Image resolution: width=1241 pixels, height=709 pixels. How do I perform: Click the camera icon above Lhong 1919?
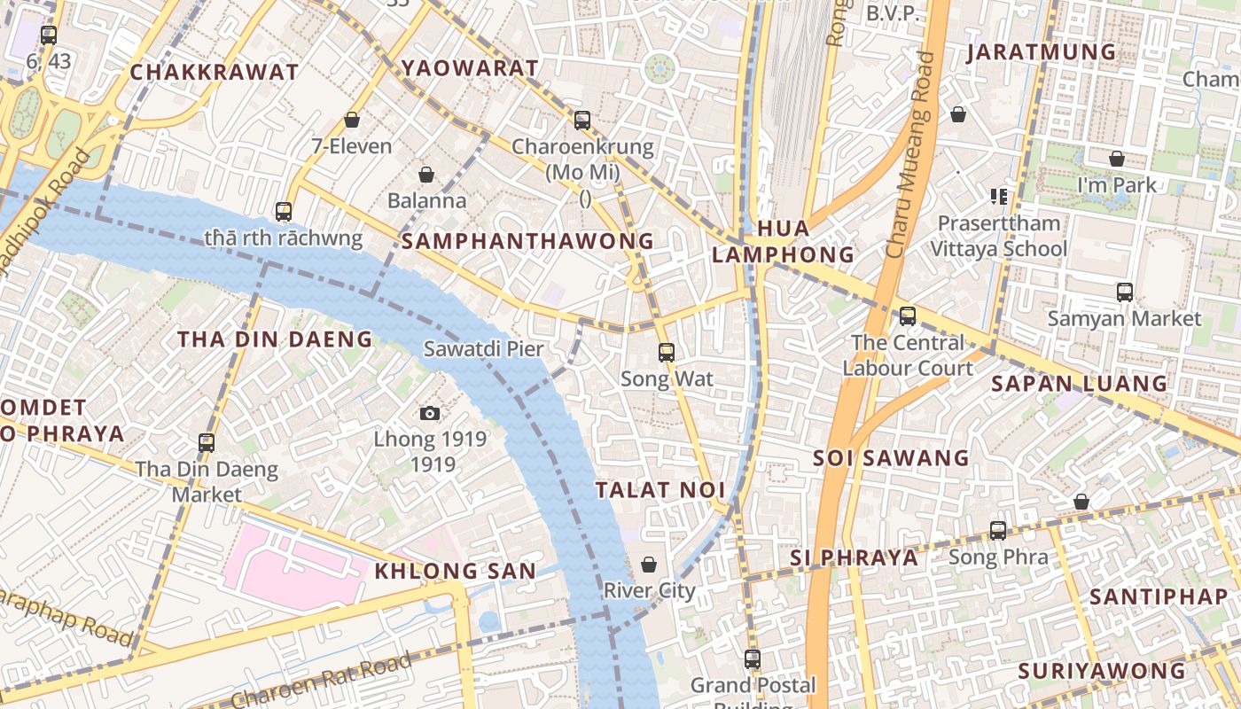tap(430, 413)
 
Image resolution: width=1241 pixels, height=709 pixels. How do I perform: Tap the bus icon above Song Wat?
tap(667, 353)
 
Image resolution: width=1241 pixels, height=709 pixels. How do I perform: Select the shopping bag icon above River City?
tap(649, 565)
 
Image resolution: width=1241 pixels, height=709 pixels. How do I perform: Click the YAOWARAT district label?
tap(470, 68)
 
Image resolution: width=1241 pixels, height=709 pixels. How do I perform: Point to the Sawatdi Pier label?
tap(483, 349)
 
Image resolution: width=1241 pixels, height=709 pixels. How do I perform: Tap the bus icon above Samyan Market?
tap(1125, 292)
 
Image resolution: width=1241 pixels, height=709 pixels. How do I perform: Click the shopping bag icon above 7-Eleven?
tap(352, 120)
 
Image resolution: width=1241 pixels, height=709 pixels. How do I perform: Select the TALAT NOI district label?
tap(660, 490)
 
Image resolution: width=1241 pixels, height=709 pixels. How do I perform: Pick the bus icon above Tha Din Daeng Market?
tap(207, 442)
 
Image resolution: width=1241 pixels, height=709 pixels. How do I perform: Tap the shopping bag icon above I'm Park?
tap(1117, 159)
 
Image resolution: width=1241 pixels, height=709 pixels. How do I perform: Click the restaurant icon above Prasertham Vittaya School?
tap(999, 196)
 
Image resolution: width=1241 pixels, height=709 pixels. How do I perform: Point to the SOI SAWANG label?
tap(892, 458)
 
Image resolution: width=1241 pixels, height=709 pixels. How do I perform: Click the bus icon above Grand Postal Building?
tap(753, 658)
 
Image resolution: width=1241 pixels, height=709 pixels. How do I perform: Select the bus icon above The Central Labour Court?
tap(908, 316)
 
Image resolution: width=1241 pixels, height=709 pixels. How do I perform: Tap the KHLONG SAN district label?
tap(456, 572)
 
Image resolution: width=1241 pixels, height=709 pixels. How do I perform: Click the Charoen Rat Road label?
tap(324, 680)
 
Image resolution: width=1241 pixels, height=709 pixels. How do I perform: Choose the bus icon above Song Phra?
tap(998, 531)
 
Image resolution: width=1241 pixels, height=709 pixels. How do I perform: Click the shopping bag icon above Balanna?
tap(426, 175)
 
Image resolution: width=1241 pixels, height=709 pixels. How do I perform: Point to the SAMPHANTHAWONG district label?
tap(528, 241)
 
